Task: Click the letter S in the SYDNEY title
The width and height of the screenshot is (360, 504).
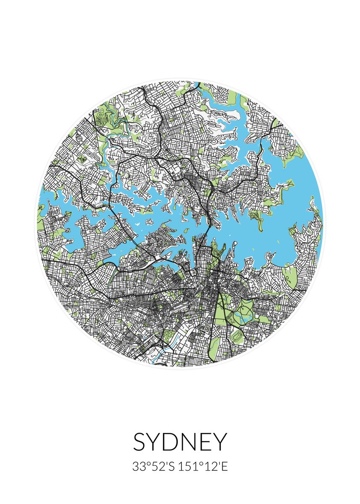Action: (141, 442)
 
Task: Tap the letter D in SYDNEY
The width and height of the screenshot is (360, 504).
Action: (171, 442)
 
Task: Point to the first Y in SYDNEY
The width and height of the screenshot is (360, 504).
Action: (155, 442)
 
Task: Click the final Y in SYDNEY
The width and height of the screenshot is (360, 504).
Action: (219, 442)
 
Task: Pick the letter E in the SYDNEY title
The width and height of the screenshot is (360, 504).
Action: (205, 442)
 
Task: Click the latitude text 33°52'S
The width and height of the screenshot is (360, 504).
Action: (153, 467)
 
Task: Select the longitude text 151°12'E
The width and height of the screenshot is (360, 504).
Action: (203, 467)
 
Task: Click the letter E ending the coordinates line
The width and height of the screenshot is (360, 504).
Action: (224, 467)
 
